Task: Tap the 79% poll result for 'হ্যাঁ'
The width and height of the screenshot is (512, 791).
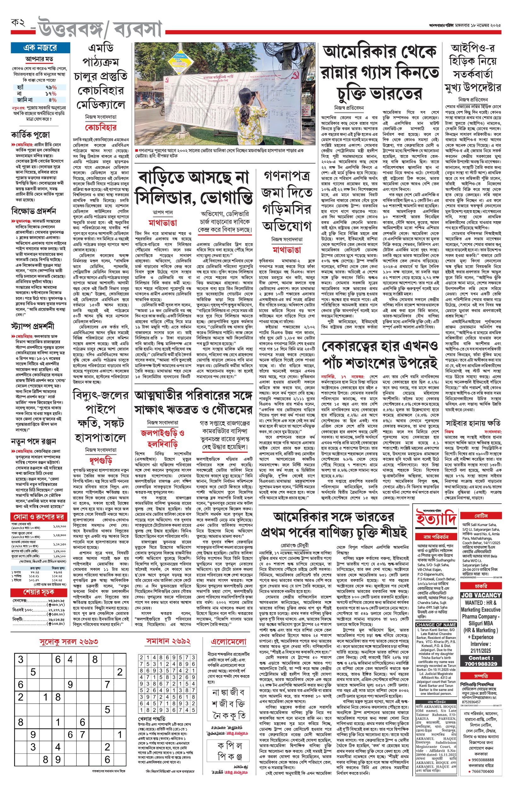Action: [x=51, y=87]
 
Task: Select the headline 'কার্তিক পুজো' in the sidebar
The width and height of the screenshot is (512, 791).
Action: [x=30, y=135]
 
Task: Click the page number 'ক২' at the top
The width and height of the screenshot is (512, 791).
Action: [x=19, y=23]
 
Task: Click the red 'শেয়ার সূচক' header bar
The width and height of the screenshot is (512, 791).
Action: [x=38, y=592]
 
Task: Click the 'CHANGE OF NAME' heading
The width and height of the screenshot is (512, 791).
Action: [x=436, y=624]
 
